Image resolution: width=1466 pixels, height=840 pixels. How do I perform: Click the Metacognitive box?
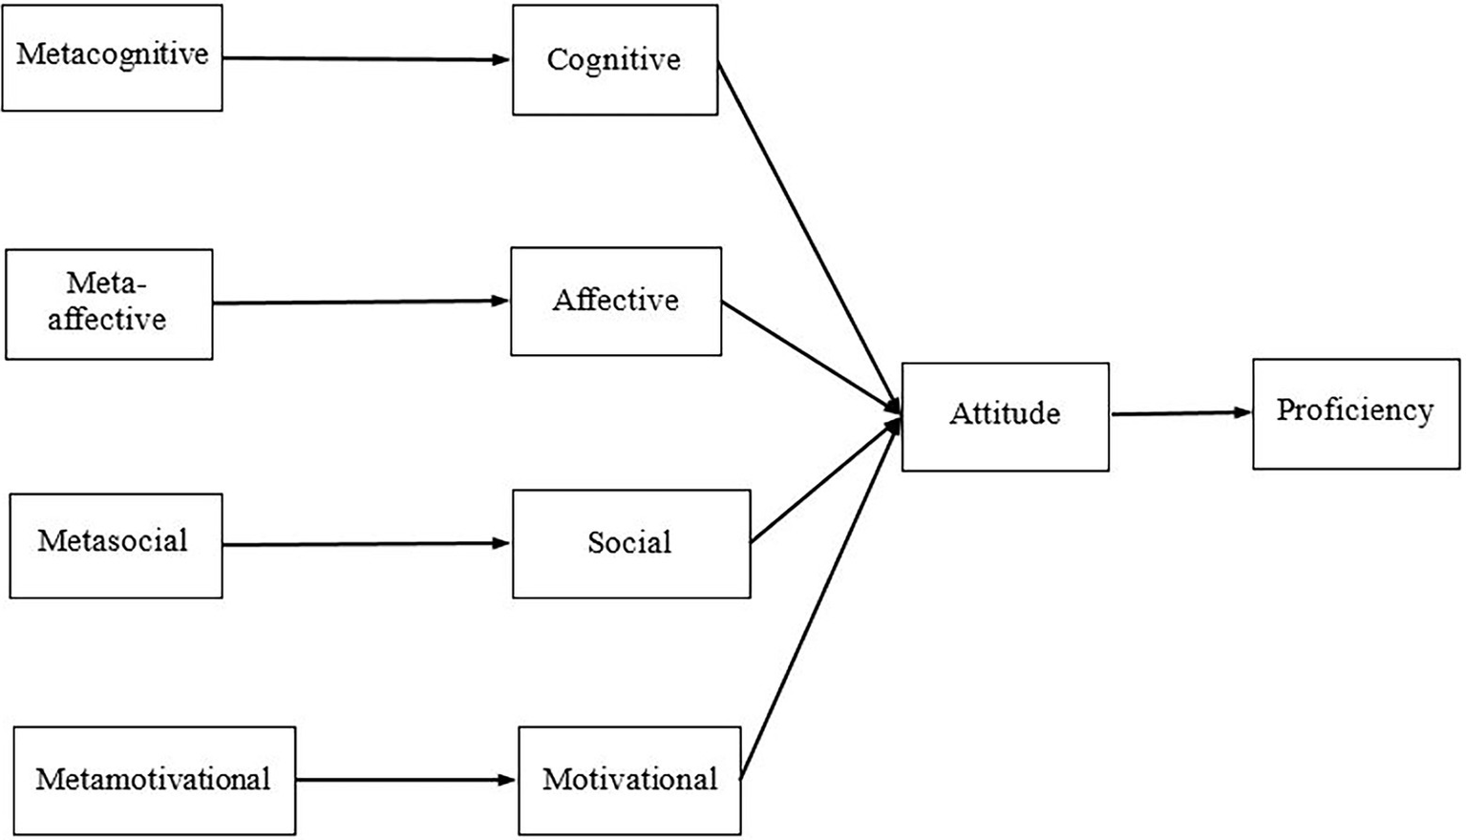click(112, 57)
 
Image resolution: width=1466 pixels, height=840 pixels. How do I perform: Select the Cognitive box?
click(614, 60)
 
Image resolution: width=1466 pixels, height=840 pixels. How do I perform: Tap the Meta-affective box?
click(109, 304)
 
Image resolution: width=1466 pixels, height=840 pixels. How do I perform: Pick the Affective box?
click(616, 302)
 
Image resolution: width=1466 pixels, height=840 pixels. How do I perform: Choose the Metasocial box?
click(116, 545)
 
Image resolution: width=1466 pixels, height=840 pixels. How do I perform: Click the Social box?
click(631, 544)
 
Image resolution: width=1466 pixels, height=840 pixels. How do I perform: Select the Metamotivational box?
click(155, 780)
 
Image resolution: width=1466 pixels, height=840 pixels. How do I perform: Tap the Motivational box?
click(629, 781)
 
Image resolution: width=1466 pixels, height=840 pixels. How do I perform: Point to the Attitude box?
click(1005, 416)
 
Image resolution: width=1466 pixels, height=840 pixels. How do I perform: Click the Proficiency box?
click(1356, 413)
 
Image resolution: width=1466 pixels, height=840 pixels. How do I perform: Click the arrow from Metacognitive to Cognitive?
click(367, 58)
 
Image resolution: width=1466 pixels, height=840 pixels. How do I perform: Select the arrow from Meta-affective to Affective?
click(361, 303)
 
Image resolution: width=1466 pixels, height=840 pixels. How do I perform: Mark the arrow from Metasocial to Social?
click(367, 544)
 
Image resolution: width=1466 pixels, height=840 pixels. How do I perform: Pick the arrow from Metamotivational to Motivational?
click(406, 780)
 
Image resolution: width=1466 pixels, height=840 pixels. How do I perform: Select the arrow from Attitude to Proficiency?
click(1180, 413)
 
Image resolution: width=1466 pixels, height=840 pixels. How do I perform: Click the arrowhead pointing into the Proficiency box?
click(1243, 412)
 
